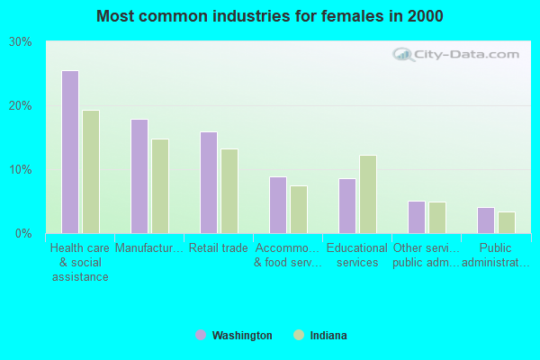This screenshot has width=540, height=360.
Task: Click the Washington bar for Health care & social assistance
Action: click(x=69, y=152)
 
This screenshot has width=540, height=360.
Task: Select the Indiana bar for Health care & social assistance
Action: click(x=91, y=172)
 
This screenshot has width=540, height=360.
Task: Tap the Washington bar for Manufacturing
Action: click(x=139, y=176)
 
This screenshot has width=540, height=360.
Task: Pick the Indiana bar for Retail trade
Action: click(x=229, y=191)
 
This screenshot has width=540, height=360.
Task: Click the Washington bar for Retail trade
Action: click(x=208, y=183)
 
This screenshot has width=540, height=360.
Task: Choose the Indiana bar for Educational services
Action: click(x=368, y=194)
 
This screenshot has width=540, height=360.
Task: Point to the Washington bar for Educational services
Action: click(x=346, y=206)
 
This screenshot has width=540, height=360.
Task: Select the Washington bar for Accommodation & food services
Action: click(x=277, y=205)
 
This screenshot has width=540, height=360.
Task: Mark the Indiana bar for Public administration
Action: click(x=507, y=222)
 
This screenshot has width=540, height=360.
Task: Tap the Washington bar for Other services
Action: click(x=416, y=217)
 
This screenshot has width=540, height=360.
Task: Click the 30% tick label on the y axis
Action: click(x=21, y=42)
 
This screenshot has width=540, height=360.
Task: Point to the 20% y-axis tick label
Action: click(x=21, y=106)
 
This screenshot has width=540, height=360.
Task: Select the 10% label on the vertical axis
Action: click(x=21, y=170)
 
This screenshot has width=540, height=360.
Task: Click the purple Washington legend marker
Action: click(x=201, y=335)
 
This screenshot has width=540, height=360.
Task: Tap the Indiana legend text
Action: click(x=328, y=336)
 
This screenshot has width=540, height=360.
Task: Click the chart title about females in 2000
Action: click(x=270, y=16)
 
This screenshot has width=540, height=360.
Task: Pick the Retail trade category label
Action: click(x=219, y=248)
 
